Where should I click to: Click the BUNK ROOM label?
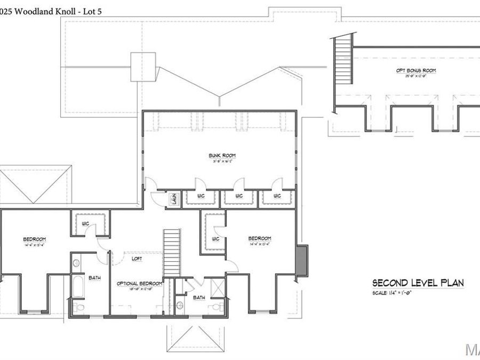click(x=222, y=156)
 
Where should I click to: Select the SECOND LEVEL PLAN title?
click(x=418, y=283)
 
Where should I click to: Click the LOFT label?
click(x=137, y=259)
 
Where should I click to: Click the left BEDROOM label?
click(x=34, y=239)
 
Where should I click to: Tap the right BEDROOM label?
click(x=260, y=238)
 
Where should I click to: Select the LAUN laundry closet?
click(x=174, y=200)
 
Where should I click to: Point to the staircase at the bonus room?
click(x=344, y=59)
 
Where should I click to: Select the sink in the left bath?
click(x=76, y=263)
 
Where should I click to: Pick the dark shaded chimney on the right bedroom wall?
click(x=302, y=261)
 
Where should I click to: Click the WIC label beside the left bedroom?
click(x=84, y=223)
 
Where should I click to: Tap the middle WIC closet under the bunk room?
click(x=238, y=196)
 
